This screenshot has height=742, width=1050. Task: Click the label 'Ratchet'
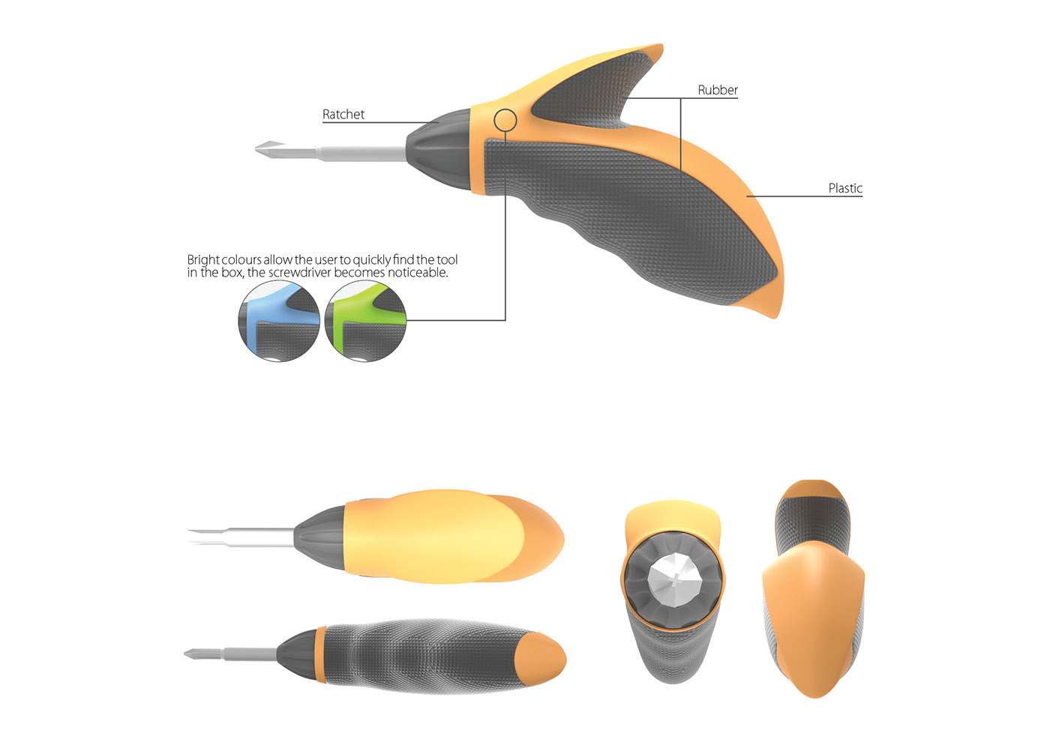point(343,115)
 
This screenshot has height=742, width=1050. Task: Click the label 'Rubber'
point(717,90)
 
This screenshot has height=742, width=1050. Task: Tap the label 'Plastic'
point(845,188)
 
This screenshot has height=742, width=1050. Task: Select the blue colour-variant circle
point(279,322)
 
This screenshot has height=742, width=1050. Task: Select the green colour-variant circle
point(365,322)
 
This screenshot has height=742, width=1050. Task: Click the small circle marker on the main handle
point(505,120)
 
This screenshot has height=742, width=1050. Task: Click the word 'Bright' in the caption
point(203,260)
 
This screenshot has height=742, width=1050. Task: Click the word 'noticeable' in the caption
point(417,273)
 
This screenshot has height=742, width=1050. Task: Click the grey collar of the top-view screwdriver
point(319,537)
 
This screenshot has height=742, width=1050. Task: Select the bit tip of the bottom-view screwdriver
point(193,654)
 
